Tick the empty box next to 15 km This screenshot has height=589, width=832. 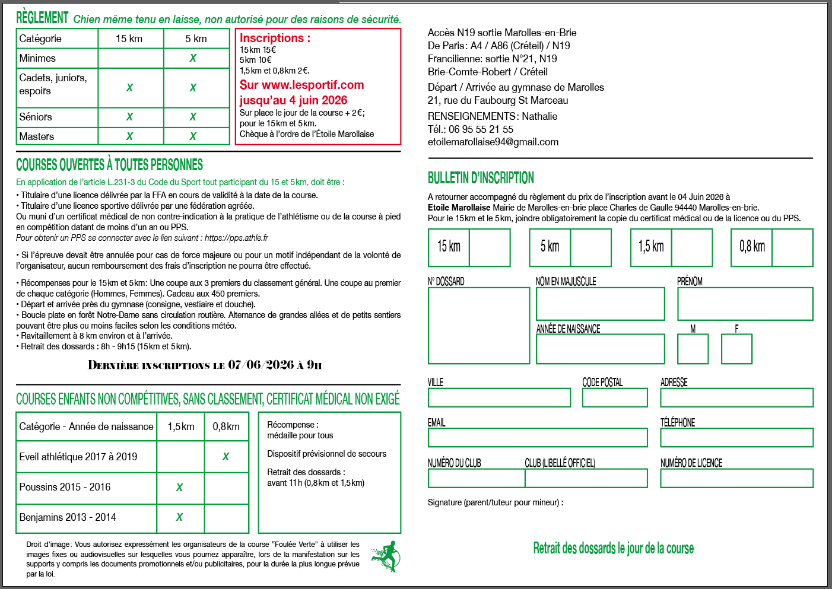tap(490, 247)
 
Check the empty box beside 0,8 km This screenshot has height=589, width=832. tap(792, 247)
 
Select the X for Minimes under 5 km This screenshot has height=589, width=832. tap(193, 58)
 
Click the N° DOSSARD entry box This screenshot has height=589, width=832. tap(478, 325)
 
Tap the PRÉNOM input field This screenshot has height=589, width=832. tap(745, 304)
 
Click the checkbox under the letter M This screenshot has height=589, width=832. tap(693, 349)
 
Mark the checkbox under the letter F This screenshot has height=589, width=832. tap(736, 349)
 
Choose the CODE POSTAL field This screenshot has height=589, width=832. tap(615, 397)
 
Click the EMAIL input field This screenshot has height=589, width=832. tap(538, 438)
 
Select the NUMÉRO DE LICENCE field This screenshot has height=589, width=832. tap(736, 478)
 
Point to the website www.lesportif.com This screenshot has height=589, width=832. tap(313, 85)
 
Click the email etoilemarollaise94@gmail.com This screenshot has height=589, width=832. tap(493, 142)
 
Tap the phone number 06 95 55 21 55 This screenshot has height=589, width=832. tap(481, 129)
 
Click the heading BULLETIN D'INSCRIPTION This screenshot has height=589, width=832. tap(481, 178)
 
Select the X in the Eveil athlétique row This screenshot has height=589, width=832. tap(226, 457)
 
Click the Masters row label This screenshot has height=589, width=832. tap(37, 136)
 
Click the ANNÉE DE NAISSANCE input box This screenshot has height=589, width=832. tap(600, 349)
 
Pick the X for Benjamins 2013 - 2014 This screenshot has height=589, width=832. tap(179, 517)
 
